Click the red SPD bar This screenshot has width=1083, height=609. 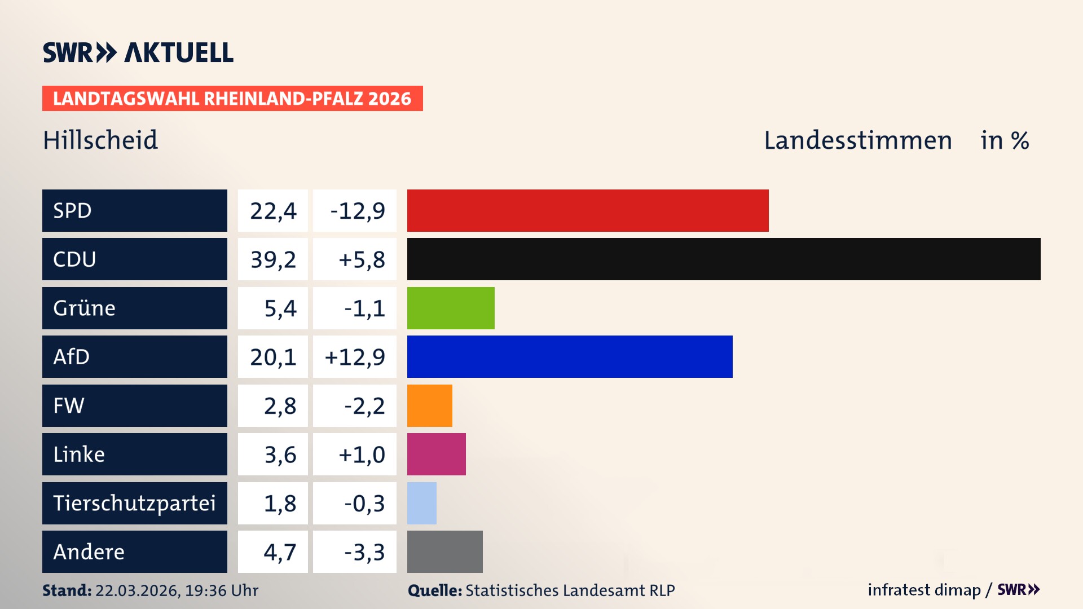pos(588,210)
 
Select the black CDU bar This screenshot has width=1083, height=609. pos(724,259)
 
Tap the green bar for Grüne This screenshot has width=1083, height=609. pos(451,308)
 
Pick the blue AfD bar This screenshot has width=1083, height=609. pos(570,356)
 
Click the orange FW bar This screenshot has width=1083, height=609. pos(430,405)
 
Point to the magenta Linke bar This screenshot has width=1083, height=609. pos(437,454)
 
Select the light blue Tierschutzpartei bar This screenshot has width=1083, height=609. pos(422,503)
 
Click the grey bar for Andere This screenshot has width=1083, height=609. pos(445,551)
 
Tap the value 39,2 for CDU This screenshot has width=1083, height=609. pos(273,259)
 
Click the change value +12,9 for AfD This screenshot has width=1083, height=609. pos(355,356)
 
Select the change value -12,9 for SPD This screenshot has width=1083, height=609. pos(357,210)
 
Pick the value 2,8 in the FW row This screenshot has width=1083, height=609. pos(280,405)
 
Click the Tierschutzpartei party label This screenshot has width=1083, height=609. pos(134,503)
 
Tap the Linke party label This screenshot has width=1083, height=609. pos(79,454)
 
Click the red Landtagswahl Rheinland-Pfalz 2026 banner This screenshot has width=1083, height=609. pos(232,99)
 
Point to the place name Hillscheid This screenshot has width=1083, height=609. pos(100,140)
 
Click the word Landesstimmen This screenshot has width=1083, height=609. pos(857,140)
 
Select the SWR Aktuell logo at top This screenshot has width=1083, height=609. pos(138,52)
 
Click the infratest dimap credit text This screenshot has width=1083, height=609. pos(924,590)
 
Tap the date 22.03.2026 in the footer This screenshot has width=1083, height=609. pos(137,590)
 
